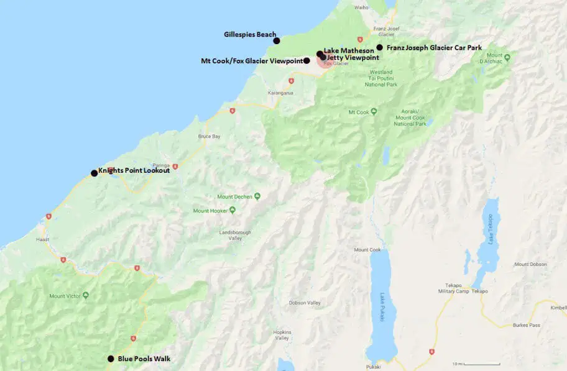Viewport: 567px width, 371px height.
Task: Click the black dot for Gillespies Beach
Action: pos(277,41)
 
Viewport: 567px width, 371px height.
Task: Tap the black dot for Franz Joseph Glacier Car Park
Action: pos(379,47)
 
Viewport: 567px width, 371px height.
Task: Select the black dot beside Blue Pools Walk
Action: pos(111,359)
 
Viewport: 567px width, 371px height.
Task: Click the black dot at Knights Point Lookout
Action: pos(94,173)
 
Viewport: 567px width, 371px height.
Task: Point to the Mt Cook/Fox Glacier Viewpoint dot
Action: pos(307,61)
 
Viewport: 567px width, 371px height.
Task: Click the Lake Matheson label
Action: pos(349,50)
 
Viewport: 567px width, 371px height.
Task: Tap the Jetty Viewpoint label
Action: pos(353,57)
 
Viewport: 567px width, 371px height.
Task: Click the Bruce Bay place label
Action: pos(209,136)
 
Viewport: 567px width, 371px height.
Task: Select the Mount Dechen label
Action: pos(234,197)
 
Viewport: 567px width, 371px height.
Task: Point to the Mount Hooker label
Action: pos(210,211)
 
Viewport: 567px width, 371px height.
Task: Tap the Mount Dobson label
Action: pos(530,264)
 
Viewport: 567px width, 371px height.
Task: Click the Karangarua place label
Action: pos(280,93)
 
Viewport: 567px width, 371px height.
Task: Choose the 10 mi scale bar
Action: pos(466,364)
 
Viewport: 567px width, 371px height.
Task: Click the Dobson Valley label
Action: pos(305,303)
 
